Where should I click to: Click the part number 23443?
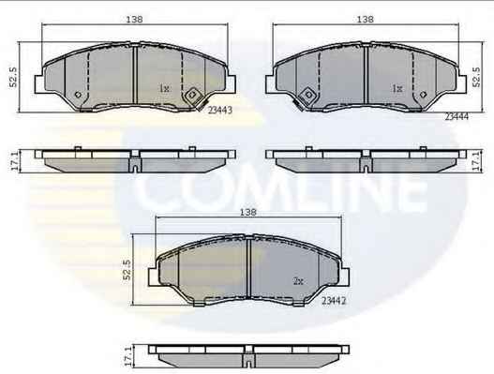click(220, 110)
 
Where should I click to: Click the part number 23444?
click(457, 116)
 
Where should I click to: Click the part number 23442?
click(334, 301)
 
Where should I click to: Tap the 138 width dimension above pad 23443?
click(135, 20)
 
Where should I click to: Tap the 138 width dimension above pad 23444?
click(366, 20)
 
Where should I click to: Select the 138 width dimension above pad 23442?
click(248, 212)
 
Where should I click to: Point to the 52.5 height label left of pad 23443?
click(13, 77)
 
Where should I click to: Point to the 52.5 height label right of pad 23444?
click(477, 77)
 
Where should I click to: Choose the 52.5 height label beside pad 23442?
click(127, 270)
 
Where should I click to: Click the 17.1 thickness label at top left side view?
click(14, 161)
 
